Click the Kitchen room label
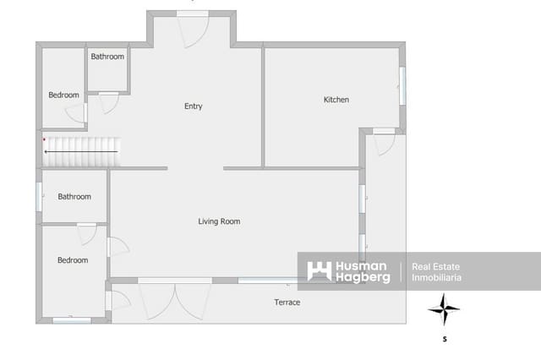pyautogui.click(x=336, y=100)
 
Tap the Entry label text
pyautogui.click(x=193, y=106)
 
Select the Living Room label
pyautogui.click(x=219, y=221)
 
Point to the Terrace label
pyautogui.click(x=287, y=302)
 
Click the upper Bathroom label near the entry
pyautogui.click(x=107, y=57)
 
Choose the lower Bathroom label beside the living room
pyautogui.click(x=74, y=197)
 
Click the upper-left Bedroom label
pyautogui.click(x=63, y=95)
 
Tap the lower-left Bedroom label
pyautogui.click(x=73, y=260)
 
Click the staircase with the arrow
pyautogui.click(x=83, y=151)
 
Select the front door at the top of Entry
pyautogui.click(x=192, y=30)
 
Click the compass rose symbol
pyautogui.click(x=444, y=309)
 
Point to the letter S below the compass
pyautogui.click(x=445, y=340)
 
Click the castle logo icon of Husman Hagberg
pyautogui.click(x=319, y=271)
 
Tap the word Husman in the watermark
pyautogui.click(x=362, y=266)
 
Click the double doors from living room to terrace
pyautogui.click(x=174, y=297)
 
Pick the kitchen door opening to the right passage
pyautogui.click(x=384, y=141)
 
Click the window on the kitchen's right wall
pyautogui.click(x=402, y=85)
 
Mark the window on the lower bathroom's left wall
pyautogui.click(x=39, y=197)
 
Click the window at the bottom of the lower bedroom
pyautogui.click(x=72, y=320)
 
